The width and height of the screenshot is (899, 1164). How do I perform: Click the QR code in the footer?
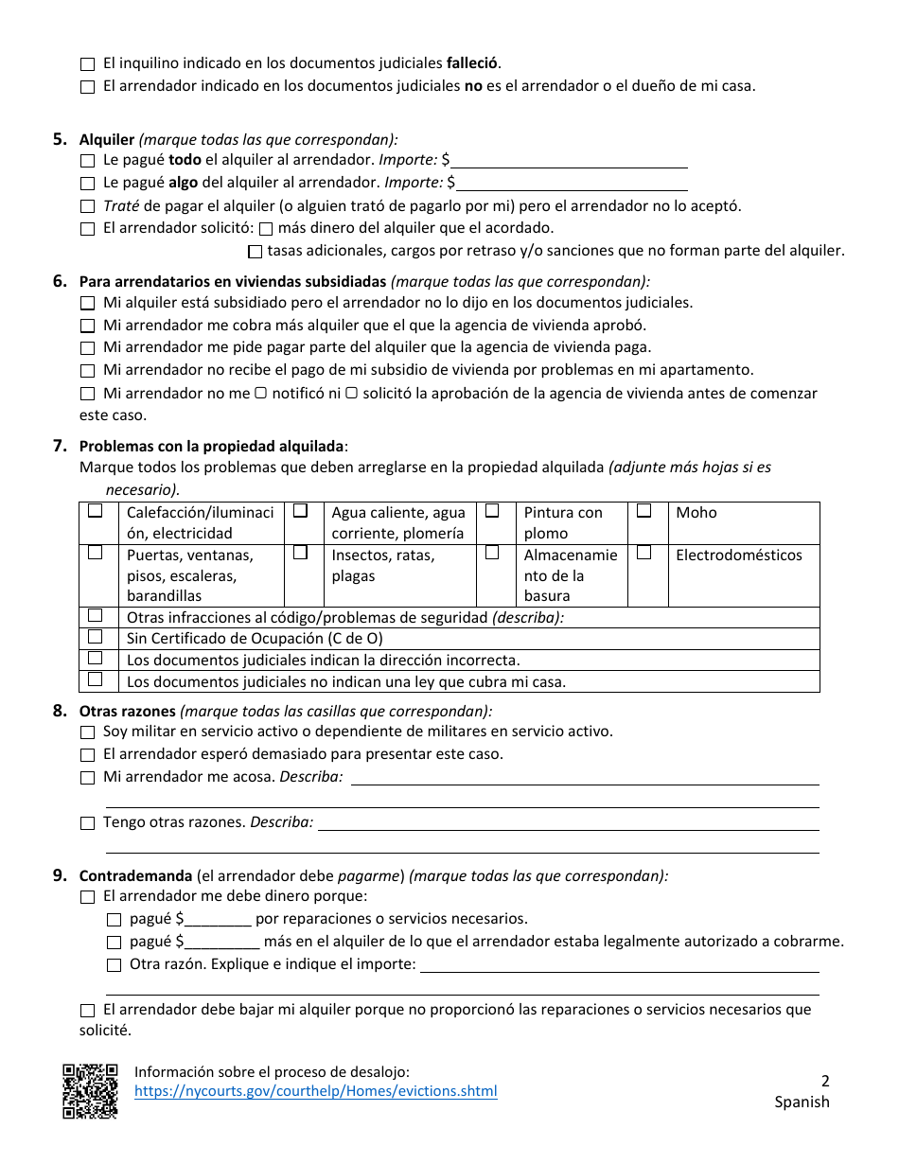click(x=90, y=1091)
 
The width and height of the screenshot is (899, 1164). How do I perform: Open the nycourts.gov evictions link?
click(x=315, y=1091)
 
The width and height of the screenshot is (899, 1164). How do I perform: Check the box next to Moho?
click(x=643, y=511)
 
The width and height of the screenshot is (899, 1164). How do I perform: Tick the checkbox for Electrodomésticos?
click(x=643, y=553)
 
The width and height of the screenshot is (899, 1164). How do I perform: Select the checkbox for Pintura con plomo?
click(x=492, y=511)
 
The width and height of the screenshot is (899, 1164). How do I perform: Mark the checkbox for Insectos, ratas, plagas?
click(x=300, y=553)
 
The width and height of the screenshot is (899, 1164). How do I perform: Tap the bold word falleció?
click(x=472, y=63)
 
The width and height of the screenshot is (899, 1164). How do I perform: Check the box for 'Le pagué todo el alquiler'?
click(x=88, y=162)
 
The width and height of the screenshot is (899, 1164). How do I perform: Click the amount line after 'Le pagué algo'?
click(x=573, y=183)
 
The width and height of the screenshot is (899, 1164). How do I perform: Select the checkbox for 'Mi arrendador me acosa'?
click(x=88, y=778)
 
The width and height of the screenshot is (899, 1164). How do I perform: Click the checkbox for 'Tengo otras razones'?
click(x=88, y=823)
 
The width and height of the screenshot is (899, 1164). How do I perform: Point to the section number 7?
click(x=60, y=446)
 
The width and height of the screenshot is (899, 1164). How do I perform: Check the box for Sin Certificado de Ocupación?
click(x=96, y=638)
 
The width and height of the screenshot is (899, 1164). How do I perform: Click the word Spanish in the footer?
click(x=802, y=1102)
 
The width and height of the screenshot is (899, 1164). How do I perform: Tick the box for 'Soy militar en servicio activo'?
click(x=88, y=732)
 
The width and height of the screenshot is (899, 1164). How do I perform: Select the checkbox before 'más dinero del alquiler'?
click(x=266, y=229)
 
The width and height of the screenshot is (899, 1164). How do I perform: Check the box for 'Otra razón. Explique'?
click(x=115, y=965)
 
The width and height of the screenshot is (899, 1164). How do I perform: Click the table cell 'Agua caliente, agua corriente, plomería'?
click(x=398, y=522)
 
